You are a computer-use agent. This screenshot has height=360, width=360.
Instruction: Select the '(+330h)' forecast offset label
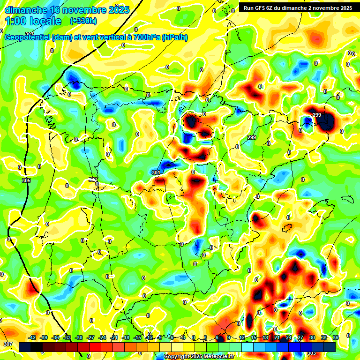tap(83, 21)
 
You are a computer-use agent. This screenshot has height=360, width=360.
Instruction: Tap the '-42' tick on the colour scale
tap(32, 337)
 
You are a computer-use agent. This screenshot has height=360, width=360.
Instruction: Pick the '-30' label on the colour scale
tap(79, 337)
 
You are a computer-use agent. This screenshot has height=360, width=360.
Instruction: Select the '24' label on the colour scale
tap(289, 337)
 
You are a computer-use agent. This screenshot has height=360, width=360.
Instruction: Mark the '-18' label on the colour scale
tap(126, 337)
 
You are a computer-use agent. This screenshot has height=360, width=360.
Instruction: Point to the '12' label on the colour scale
tap(242, 337)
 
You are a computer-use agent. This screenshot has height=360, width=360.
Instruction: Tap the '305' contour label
tap(26, 180)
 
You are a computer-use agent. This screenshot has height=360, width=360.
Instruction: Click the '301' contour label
tap(156, 173)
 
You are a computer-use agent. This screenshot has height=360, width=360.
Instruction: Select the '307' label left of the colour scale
tap(7, 345)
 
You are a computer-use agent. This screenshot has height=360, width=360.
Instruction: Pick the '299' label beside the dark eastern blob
tap(317, 115)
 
